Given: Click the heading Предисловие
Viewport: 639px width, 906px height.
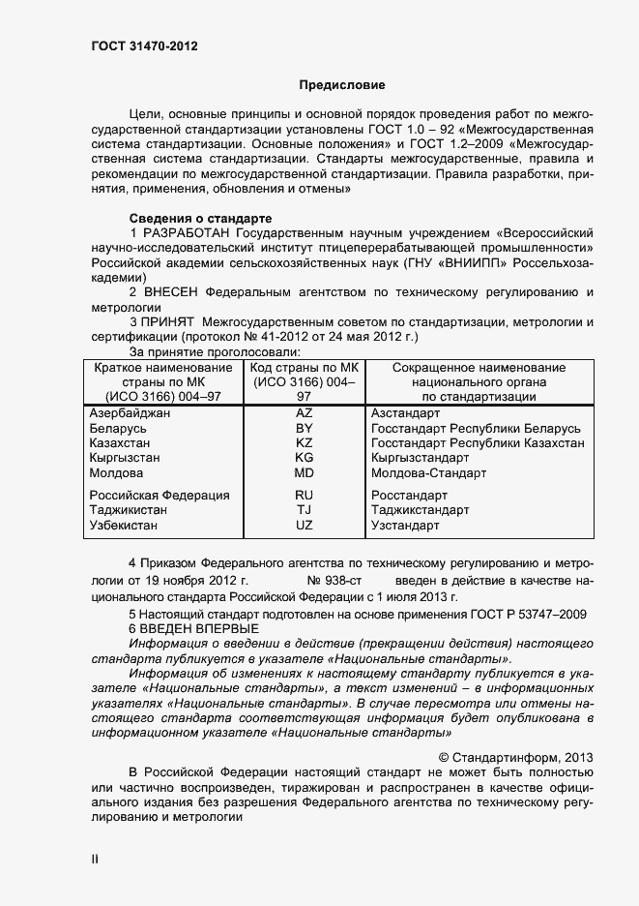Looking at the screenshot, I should click(341, 85).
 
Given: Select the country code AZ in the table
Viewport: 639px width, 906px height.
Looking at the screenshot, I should click(304, 412).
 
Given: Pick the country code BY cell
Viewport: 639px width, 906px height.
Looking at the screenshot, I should click(304, 428).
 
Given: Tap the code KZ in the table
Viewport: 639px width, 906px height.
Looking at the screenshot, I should click(304, 443).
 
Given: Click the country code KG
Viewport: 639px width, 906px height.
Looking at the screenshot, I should click(304, 458).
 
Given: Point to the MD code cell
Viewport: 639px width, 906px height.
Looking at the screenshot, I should click(304, 473).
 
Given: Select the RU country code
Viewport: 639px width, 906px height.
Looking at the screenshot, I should click(304, 495).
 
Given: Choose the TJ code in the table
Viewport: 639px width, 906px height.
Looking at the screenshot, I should click(304, 510).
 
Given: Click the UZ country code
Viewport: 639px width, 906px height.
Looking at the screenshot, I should click(304, 526).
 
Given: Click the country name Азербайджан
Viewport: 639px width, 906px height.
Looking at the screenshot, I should click(130, 412).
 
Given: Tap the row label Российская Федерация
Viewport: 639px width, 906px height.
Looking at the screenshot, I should click(159, 495).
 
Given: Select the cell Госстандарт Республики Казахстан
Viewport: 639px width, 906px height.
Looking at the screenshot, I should click(478, 443).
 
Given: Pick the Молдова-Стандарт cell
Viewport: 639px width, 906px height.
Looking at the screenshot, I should click(428, 473).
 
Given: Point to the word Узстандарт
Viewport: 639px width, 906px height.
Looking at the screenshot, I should click(405, 526).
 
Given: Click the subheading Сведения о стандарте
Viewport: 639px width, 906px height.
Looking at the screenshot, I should click(200, 218).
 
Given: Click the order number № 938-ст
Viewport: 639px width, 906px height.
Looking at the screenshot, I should click(334, 581).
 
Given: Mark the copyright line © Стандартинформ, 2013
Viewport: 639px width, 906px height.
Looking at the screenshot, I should click(515, 758).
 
